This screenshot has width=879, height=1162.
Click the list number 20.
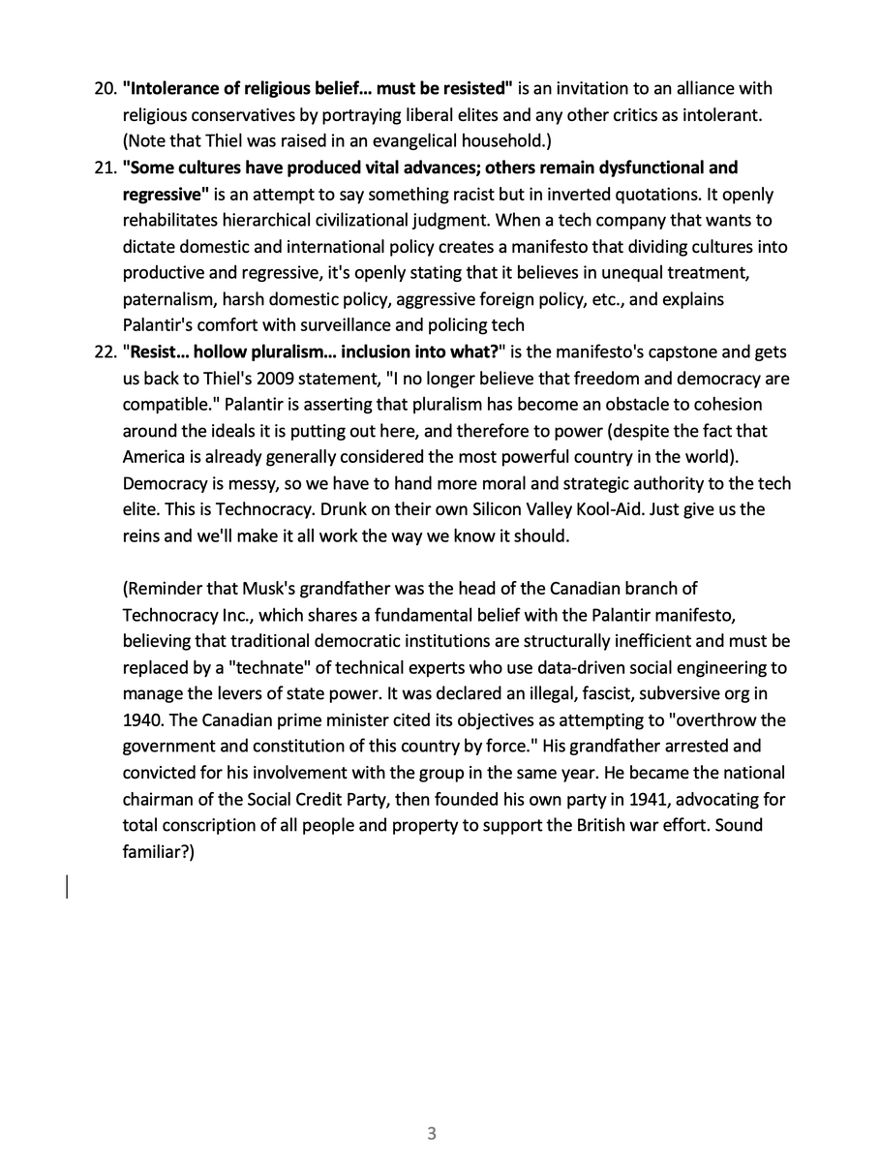(104, 89)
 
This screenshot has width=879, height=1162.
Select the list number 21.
(104, 168)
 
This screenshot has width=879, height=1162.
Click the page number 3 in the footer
(432, 1133)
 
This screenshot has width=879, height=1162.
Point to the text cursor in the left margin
(67, 886)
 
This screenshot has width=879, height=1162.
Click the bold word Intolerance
(170, 89)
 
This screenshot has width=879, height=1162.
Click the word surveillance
(380, 324)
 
